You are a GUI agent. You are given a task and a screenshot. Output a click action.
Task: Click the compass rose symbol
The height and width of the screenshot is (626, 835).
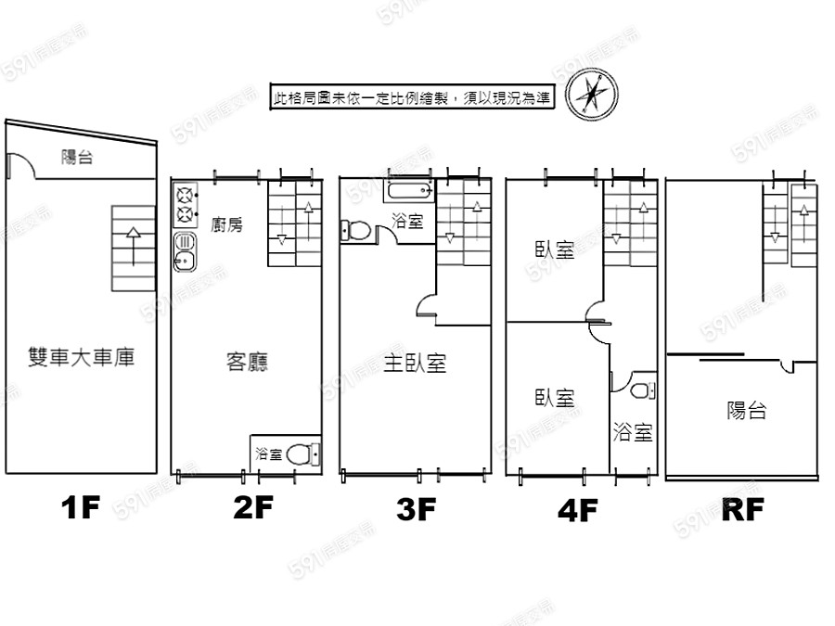(x=592, y=96)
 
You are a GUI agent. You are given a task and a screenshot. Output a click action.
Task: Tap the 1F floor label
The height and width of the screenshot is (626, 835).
(x=81, y=507)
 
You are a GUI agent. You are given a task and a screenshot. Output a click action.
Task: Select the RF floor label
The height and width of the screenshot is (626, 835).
(x=743, y=509)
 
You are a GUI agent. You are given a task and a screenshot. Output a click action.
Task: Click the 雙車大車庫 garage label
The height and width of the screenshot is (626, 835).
(x=81, y=357)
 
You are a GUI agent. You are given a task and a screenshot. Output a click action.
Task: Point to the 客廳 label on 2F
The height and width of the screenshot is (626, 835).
(x=247, y=362)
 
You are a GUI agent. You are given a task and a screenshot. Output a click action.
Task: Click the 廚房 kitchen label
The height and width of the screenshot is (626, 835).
(x=226, y=224)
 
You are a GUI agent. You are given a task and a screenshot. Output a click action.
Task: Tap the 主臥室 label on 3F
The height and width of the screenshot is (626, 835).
(x=415, y=363)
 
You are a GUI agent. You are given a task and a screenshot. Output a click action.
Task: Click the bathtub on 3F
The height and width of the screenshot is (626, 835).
(x=408, y=190)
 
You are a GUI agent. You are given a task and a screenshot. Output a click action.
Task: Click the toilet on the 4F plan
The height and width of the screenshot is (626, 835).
(x=643, y=390)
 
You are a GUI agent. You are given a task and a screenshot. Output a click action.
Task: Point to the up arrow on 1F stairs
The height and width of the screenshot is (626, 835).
(x=133, y=247)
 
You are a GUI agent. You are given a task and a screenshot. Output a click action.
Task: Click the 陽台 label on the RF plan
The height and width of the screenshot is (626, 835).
(x=747, y=411)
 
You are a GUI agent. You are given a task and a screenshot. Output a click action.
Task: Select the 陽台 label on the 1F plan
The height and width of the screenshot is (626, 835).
(x=77, y=157)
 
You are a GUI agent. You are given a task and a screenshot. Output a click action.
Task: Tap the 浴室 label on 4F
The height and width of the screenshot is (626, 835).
(x=632, y=431)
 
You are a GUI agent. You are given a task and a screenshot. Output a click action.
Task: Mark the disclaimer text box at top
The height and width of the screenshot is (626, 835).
(x=413, y=96)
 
